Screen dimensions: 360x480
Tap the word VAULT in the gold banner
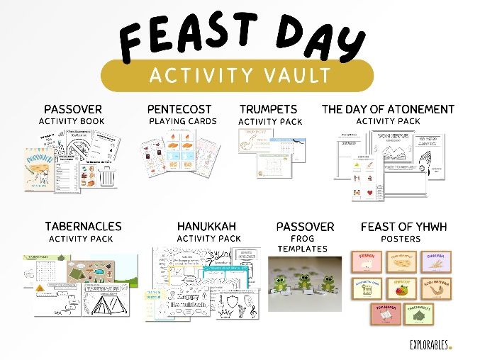tap(296, 74)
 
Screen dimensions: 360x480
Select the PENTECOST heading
tap(179, 109)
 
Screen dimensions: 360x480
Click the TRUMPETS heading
tap(268, 109)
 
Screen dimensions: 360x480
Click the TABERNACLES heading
tap(83, 227)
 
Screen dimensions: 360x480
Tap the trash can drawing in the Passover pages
tap(107, 176)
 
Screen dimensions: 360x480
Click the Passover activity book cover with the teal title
tap(41, 171)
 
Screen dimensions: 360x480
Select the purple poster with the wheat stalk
tap(435, 261)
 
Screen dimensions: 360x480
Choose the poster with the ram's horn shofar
tap(435, 288)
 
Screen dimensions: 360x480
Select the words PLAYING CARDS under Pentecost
tap(182, 121)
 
